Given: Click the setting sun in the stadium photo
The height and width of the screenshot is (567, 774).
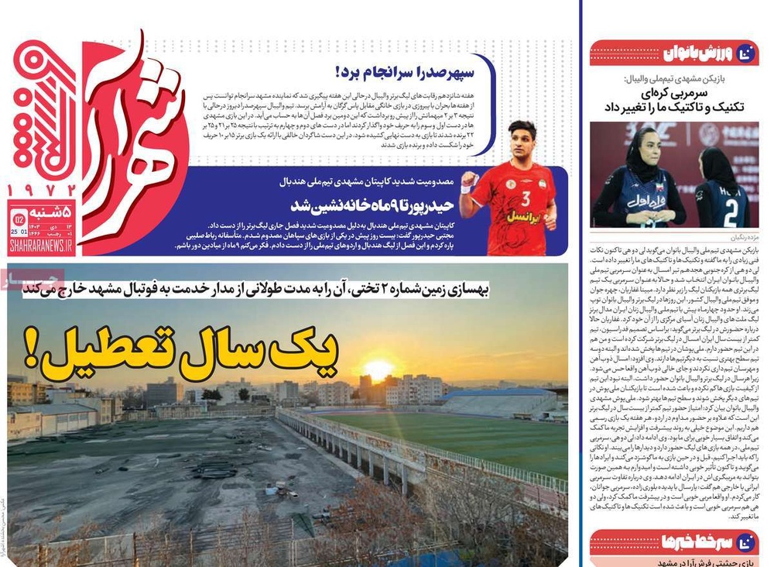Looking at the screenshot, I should coord(378,369).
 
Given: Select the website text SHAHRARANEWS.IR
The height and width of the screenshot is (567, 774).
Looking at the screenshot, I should coord(41,246).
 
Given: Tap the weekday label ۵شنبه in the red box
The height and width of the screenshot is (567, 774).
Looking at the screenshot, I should coord(52,210).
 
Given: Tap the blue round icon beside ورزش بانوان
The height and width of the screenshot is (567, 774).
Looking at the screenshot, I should coord(746,53).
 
